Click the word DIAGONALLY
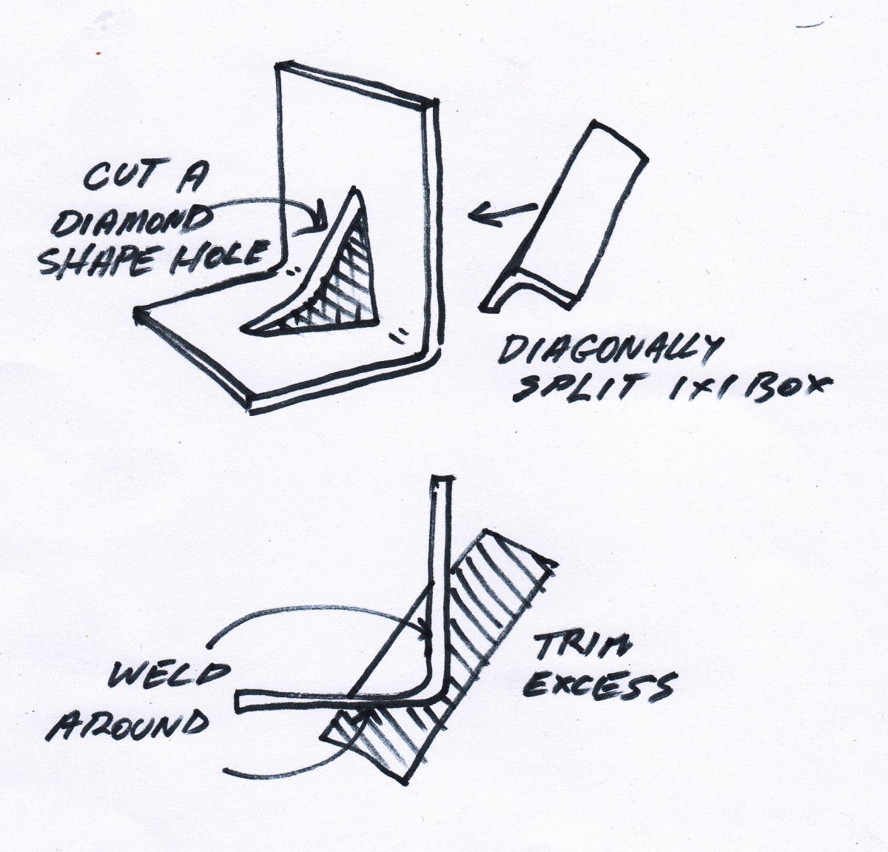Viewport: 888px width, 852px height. [x=610, y=353]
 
